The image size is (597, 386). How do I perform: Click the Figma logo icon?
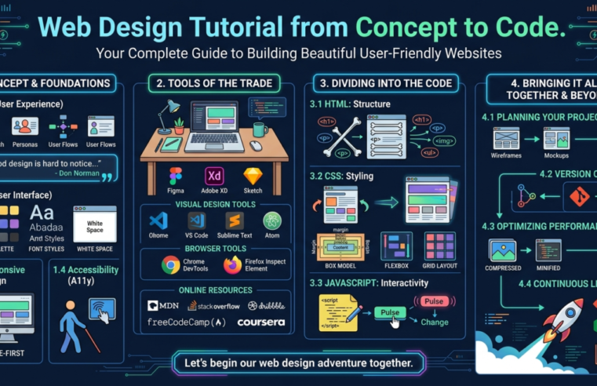175,176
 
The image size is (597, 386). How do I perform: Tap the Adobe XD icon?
214,176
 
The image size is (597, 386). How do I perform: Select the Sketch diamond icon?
253,176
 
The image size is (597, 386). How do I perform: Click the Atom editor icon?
272,221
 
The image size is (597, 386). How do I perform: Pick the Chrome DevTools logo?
170,265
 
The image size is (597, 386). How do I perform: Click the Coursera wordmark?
260,322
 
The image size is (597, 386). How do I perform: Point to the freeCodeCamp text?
187,322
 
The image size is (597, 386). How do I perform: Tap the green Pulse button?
389,312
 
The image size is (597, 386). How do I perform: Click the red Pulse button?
434,301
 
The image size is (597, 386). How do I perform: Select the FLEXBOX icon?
396,246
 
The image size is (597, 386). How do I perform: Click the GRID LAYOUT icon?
439,246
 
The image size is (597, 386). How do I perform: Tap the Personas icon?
25,126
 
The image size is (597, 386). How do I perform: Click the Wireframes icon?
507,138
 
